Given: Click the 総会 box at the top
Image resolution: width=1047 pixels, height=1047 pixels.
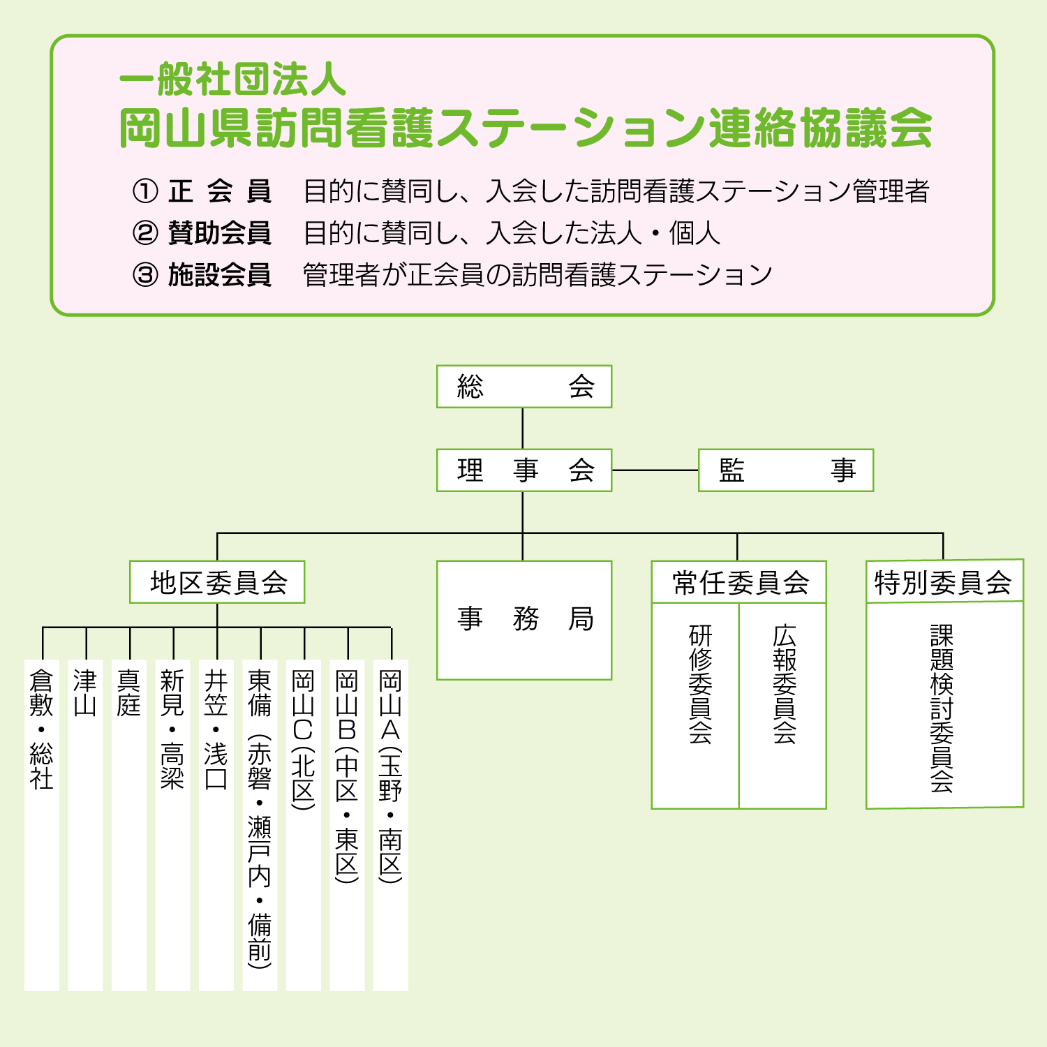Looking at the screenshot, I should pos(523,387).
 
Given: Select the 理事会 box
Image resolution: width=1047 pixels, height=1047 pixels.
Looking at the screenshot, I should pos(523,470).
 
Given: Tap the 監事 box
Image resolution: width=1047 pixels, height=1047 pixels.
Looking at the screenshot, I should pos(785,470).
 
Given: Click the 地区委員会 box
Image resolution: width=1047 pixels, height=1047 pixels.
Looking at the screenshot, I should pos(217,582).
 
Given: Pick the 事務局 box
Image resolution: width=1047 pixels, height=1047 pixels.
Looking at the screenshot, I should pos(523,620).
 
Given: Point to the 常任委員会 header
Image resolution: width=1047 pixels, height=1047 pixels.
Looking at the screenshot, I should pos(738,582).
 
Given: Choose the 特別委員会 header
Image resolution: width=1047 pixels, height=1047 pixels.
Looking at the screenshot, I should pos(944,581).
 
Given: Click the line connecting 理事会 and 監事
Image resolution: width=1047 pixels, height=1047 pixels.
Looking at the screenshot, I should pos(655,470).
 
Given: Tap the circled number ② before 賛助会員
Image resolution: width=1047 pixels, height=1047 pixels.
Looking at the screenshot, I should pos(145,233).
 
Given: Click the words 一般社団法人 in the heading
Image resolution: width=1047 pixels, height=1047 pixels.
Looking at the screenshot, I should pos(233,78).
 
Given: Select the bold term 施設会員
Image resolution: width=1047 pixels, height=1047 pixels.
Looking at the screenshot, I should pos(220,275).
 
